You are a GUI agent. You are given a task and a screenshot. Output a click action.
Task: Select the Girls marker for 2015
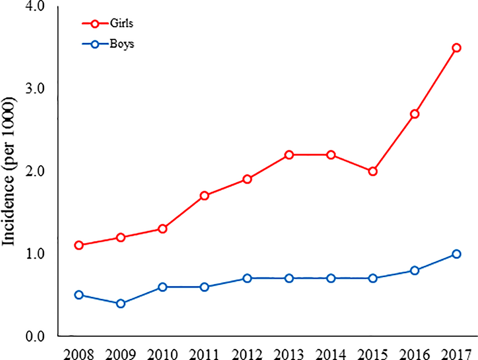(373, 172)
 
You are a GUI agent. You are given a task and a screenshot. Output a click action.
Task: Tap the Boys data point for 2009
(121, 303)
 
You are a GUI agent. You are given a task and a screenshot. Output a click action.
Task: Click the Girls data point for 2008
(79, 245)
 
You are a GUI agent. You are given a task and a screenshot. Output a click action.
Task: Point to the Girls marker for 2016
(414, 114)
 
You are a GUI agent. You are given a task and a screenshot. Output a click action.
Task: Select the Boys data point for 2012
(247, 278)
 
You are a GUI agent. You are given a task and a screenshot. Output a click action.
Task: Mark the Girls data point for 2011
(205, 195)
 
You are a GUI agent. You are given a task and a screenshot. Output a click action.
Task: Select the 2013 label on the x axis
(288, 352)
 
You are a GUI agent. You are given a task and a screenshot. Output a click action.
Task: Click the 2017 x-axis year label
(456, 352)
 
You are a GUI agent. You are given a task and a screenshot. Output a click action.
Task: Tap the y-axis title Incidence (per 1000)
(10, 172)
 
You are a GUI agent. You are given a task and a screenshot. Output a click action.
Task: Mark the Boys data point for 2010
(163, 287)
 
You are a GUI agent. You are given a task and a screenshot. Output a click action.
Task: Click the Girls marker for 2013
(288, 155)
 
